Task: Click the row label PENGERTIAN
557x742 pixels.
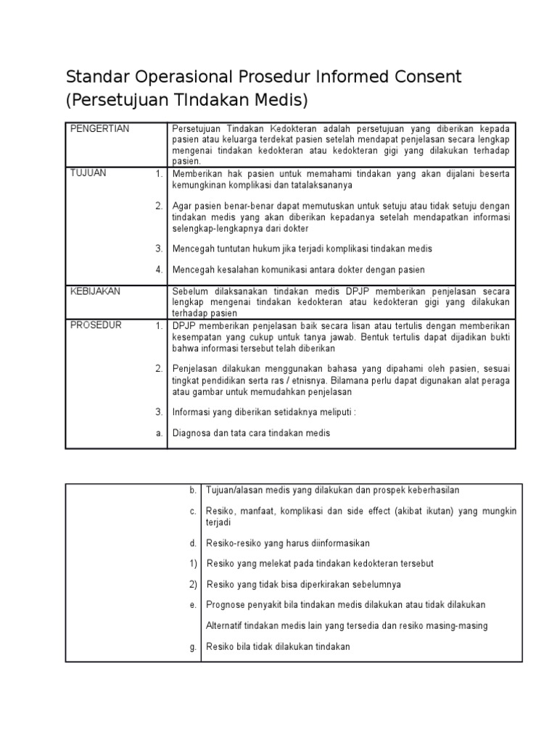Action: click(x=99, y=129)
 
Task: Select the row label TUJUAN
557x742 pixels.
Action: click(x=88, y=173)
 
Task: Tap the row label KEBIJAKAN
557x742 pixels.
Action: click(x=95, y=291)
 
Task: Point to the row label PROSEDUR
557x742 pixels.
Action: click(x=96, y=325)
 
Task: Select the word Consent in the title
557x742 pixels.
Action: click(x=421, y=77)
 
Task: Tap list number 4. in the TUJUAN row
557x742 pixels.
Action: click(x=158, y=270)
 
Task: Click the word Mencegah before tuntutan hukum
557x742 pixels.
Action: click(x=192, y=249)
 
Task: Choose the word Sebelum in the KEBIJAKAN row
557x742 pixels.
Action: click(x=189, y=291)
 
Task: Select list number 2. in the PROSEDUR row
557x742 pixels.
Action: click(x=158, y=368)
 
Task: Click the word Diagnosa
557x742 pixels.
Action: click(x=192, y=433)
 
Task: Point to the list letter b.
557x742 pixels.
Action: click(x=193, y=491)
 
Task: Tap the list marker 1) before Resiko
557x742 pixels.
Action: click(x=193, y=563)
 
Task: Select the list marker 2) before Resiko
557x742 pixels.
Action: click(x=193, y=584)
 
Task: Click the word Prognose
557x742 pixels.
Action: click(x=227, y=604)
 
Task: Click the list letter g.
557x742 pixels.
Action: click(x=194, y=647)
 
